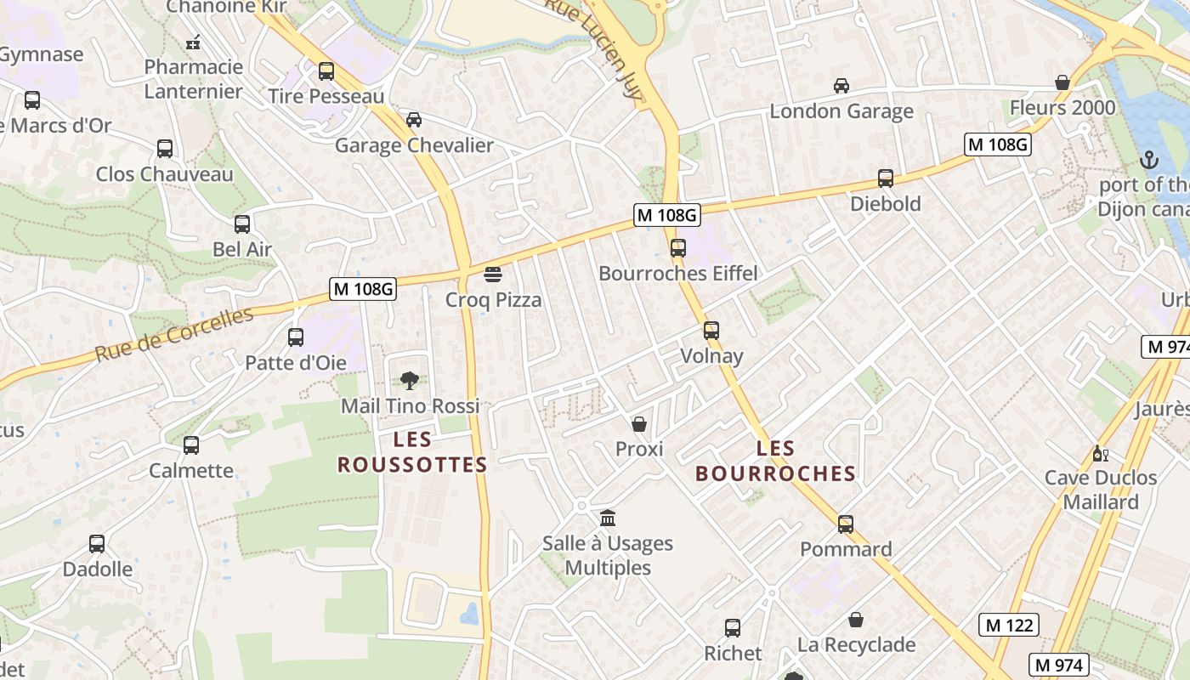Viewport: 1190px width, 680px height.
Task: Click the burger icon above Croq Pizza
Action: point(493,275)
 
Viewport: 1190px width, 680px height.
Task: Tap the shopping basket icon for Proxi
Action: point(639,423)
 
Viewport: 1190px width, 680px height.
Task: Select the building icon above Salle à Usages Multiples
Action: point(608,518)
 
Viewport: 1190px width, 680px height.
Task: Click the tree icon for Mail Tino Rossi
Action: point(409,380)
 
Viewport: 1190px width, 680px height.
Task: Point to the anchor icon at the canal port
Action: point(1148,160)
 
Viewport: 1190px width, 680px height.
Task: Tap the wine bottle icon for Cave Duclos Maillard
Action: point(1100,453)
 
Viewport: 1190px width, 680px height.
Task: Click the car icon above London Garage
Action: point(841,86)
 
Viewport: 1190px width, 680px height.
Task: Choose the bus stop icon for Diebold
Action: point(886,178)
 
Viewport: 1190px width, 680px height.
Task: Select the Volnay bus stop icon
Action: point(711,331)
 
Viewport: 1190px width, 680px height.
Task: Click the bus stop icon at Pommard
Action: point(846,524)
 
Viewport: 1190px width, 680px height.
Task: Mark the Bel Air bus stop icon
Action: point(242,224)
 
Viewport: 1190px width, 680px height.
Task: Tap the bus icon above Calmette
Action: point(191,445)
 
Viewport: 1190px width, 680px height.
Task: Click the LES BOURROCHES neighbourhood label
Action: point(775,461)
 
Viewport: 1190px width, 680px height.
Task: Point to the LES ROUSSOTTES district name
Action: point(412,452)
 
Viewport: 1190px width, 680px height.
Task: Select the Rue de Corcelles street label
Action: point(173,334)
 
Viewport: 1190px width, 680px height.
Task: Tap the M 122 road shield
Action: point(1009,625)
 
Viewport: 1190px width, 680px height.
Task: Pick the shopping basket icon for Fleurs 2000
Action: point(1062,82)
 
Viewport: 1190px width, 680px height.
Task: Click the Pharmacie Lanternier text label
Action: point(193,79)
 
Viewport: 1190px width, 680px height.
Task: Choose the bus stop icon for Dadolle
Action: point(97,543)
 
